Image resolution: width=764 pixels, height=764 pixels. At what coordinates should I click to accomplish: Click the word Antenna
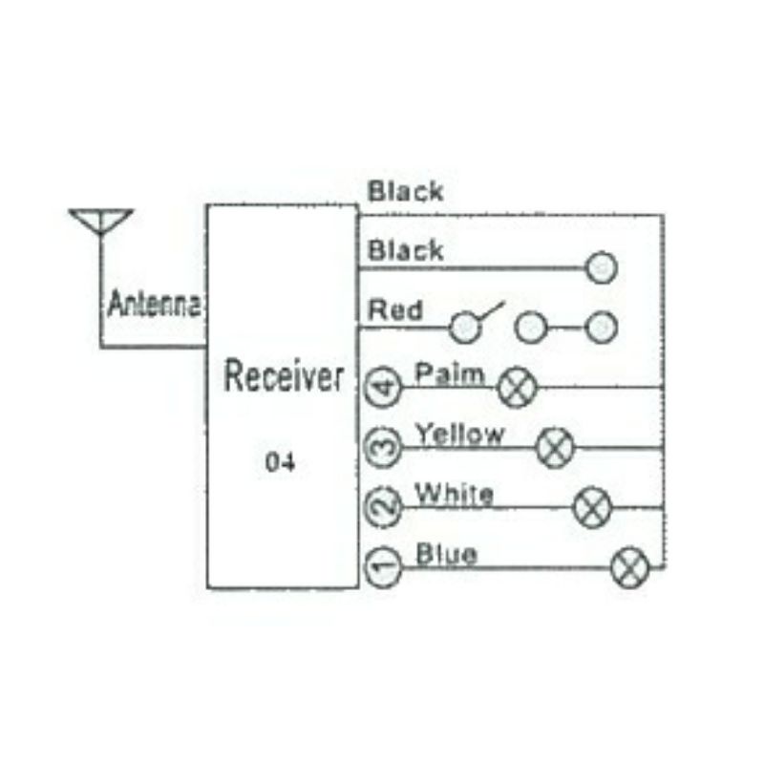click(154, 305)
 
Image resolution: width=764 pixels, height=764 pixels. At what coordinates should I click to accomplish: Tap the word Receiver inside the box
click(284, 377)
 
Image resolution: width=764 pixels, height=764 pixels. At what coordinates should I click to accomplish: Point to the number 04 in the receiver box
click(280, 463)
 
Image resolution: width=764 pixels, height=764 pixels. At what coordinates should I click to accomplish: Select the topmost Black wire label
click(406, 192)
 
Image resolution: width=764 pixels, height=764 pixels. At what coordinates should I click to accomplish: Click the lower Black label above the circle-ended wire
click(406, 251)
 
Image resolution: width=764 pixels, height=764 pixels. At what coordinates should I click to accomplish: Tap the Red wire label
click(395, 310)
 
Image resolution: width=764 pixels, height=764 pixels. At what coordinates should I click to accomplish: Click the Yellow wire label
click(459, 435)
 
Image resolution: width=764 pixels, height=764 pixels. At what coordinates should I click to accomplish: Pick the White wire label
click(454, 495)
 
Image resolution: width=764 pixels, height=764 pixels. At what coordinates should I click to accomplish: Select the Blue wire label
click(447, 554)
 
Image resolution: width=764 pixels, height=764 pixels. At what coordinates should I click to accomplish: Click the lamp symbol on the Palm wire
click(519, 388)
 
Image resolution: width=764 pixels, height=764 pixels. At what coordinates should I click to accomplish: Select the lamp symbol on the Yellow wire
click(555, 447)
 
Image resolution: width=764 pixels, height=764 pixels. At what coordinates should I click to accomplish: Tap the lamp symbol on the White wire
click(592, 507)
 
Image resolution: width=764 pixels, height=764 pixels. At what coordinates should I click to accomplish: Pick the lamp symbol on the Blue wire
click(629, 568)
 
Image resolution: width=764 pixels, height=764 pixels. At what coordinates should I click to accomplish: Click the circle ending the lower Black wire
click(601, 268)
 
